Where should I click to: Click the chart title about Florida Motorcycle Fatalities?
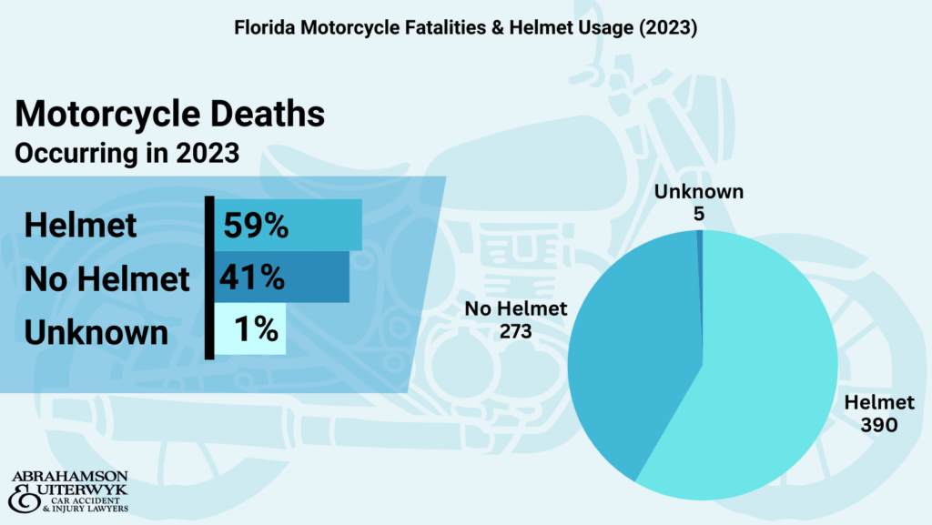click(465, 28)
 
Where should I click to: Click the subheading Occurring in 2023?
click(127, 152)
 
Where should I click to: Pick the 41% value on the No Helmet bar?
click(251, 277)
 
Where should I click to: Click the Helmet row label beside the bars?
click(81, 226)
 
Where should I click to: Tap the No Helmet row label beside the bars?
click(107, 278)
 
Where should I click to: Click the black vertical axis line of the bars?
click(209, 278)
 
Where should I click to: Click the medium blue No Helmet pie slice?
click(628, 364)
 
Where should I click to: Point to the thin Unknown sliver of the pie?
click(700, 273)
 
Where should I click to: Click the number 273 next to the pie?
click(516, 331)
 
